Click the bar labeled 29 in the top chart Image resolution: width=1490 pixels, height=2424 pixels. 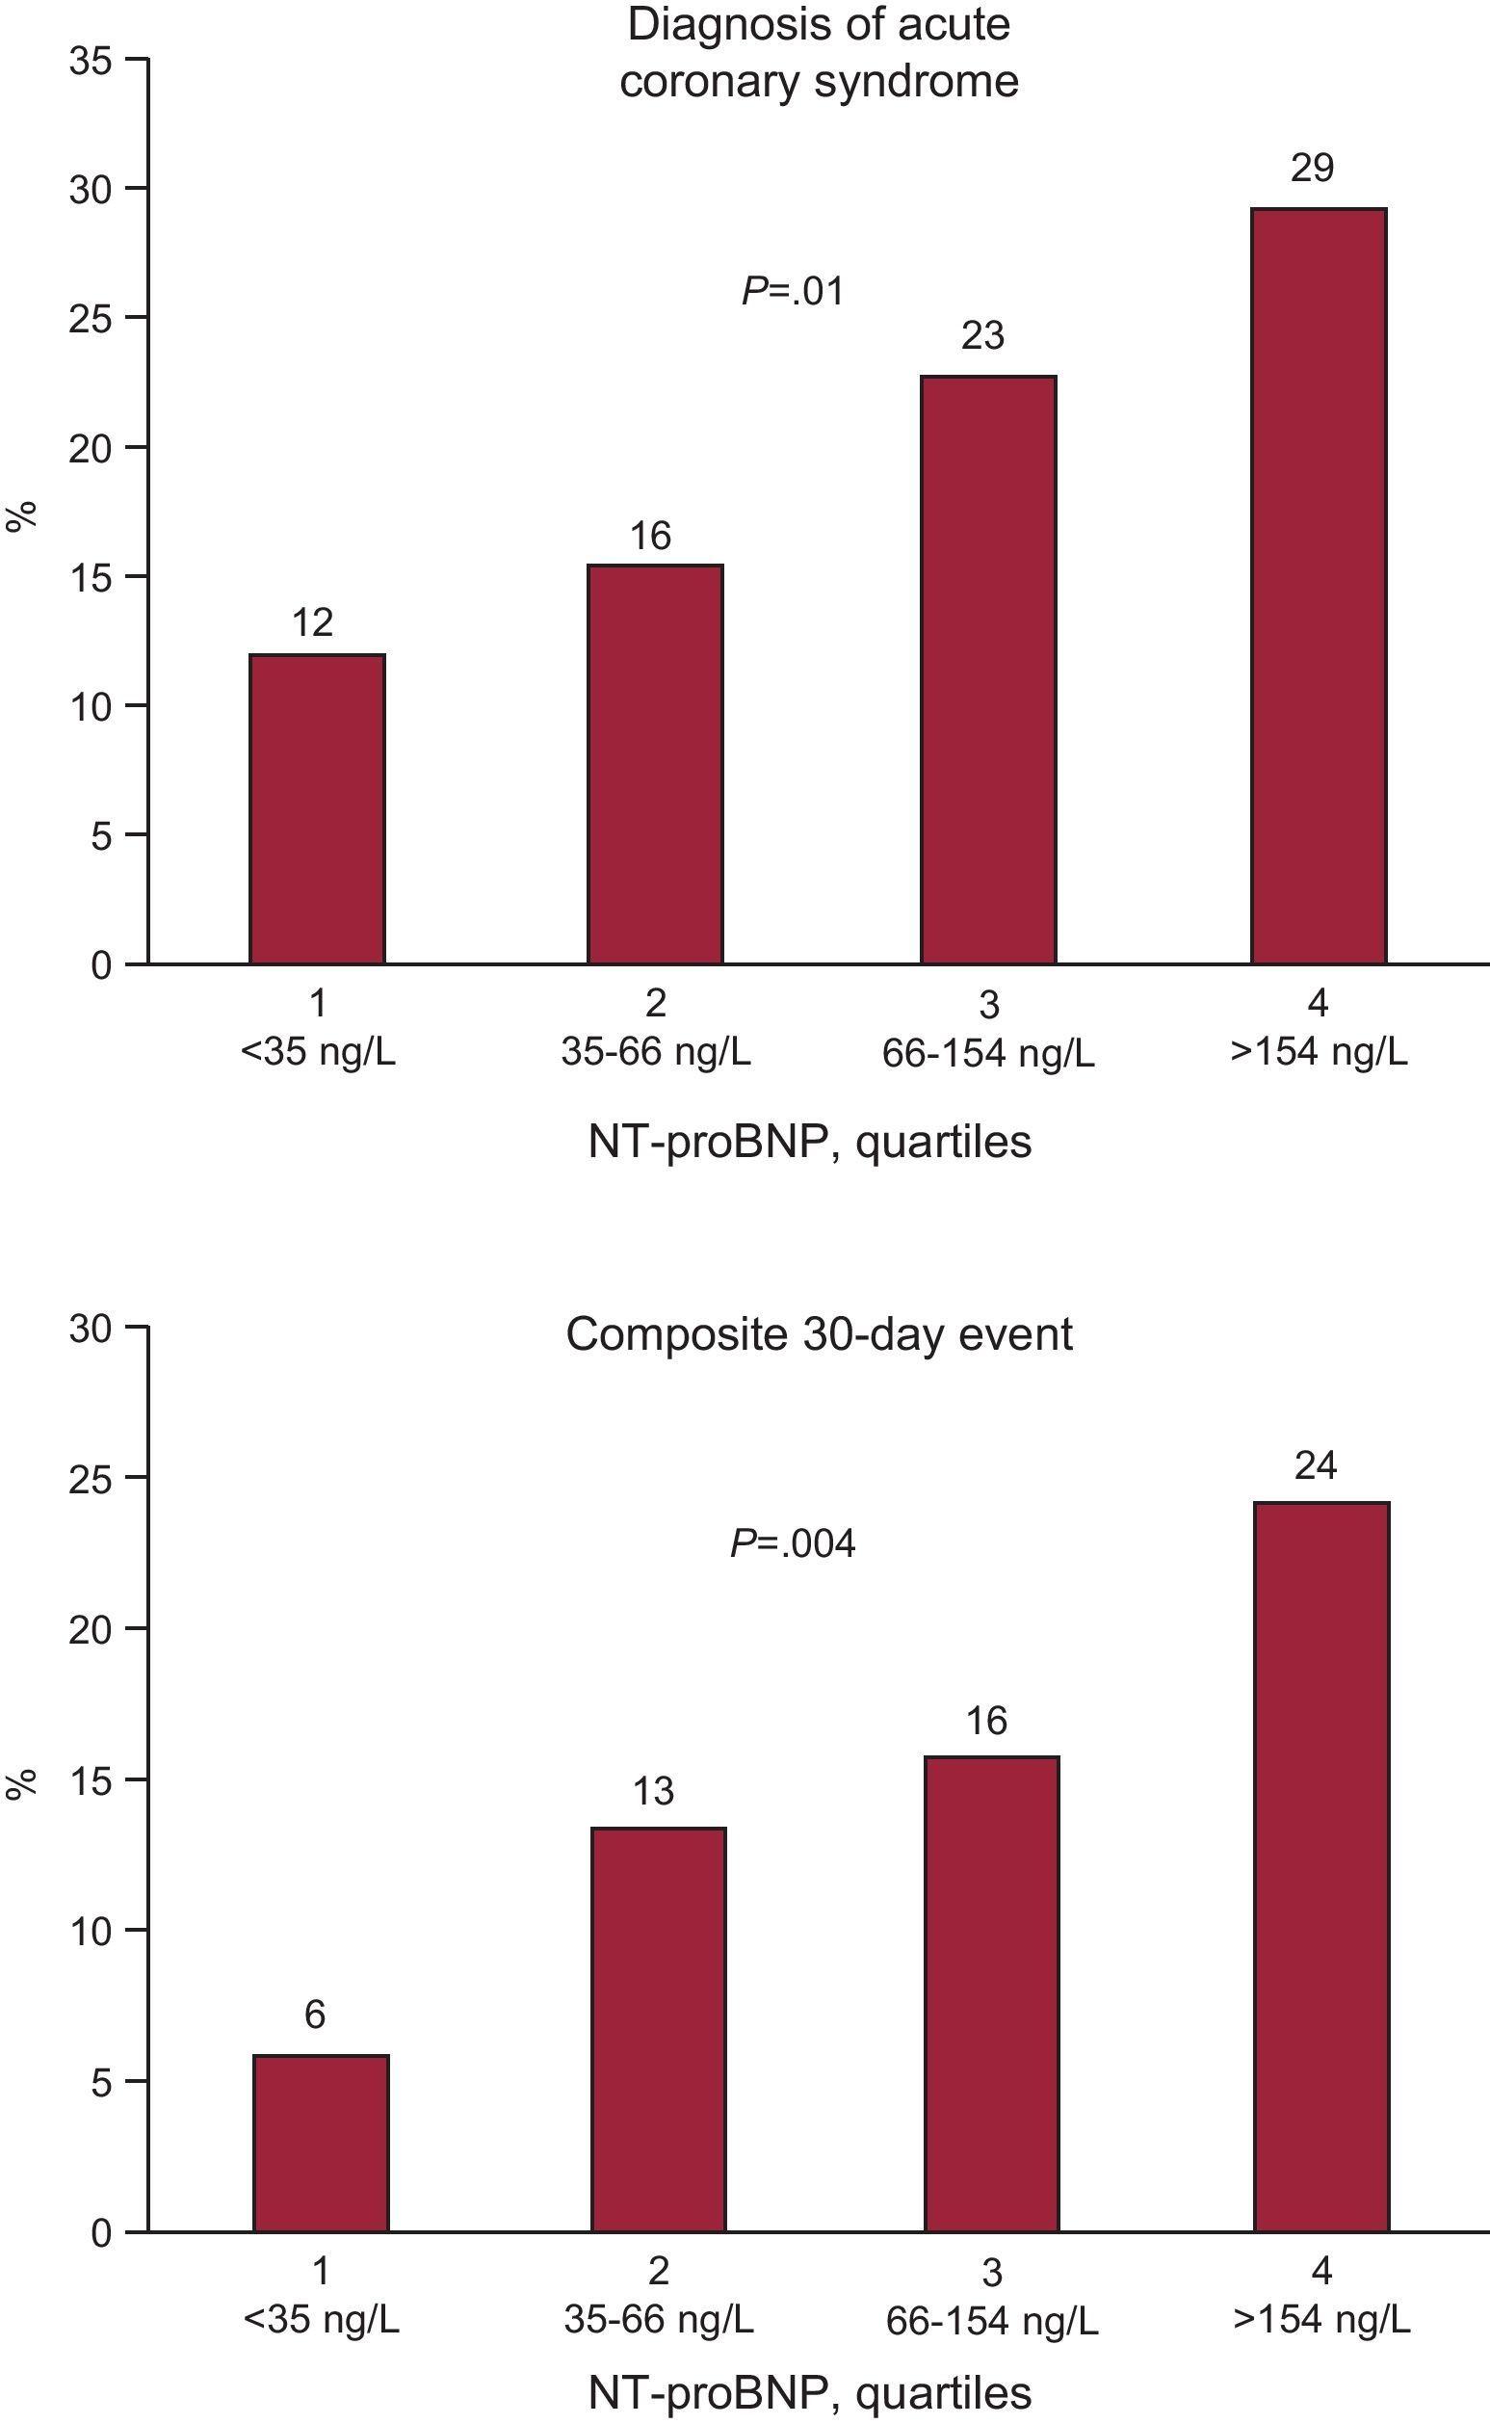pos(1319,586)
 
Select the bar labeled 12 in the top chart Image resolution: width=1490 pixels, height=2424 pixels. pos(316,808)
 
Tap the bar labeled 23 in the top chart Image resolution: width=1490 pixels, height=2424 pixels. pos(988,670)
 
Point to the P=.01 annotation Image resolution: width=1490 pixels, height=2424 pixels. pos(793,292)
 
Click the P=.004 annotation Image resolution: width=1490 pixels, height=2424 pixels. pos(793,1542)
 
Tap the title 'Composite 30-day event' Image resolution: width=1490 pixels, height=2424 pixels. pos(819,1334)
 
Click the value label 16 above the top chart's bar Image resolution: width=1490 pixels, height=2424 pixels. pos(650,537)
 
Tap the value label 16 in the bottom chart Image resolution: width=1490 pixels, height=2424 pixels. pos(986,1721)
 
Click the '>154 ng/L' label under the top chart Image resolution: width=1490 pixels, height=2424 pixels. pos(1319,1053)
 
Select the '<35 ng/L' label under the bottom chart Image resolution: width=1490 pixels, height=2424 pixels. pos(321,2321)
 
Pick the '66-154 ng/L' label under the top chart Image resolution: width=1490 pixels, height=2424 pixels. pos(987,1055)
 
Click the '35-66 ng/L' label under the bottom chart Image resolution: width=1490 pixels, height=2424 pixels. pos(658,2321)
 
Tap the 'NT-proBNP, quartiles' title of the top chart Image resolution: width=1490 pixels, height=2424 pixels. pos(809,1143)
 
